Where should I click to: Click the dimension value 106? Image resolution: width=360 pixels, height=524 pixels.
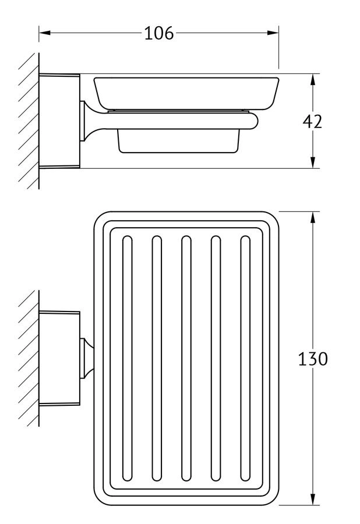click(159, 33)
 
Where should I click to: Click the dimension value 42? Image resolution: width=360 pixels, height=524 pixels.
click(312, 121)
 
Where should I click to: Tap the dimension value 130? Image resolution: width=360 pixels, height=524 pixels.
click(313, 359)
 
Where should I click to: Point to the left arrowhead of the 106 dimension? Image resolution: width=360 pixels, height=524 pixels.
click(44, 33)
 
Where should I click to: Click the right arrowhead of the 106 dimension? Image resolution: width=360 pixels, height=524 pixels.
click(273, 33)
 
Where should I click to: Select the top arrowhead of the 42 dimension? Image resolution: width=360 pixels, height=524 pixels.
click(313, 79)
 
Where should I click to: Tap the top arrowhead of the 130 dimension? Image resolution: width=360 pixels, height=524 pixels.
click(313, 217)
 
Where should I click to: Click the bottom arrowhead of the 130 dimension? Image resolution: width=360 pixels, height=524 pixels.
click(313, 500)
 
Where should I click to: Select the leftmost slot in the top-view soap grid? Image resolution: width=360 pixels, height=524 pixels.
click(127, 358)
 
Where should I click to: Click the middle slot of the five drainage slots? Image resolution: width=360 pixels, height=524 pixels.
click(186, 358)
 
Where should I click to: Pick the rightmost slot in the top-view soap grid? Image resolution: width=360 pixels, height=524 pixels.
click(245, 358)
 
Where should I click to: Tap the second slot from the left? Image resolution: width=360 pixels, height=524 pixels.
click(157, 358)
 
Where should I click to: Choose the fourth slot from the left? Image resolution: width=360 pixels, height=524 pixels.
click(216, 358)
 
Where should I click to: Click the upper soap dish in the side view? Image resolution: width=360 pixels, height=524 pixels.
click(186, 91)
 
